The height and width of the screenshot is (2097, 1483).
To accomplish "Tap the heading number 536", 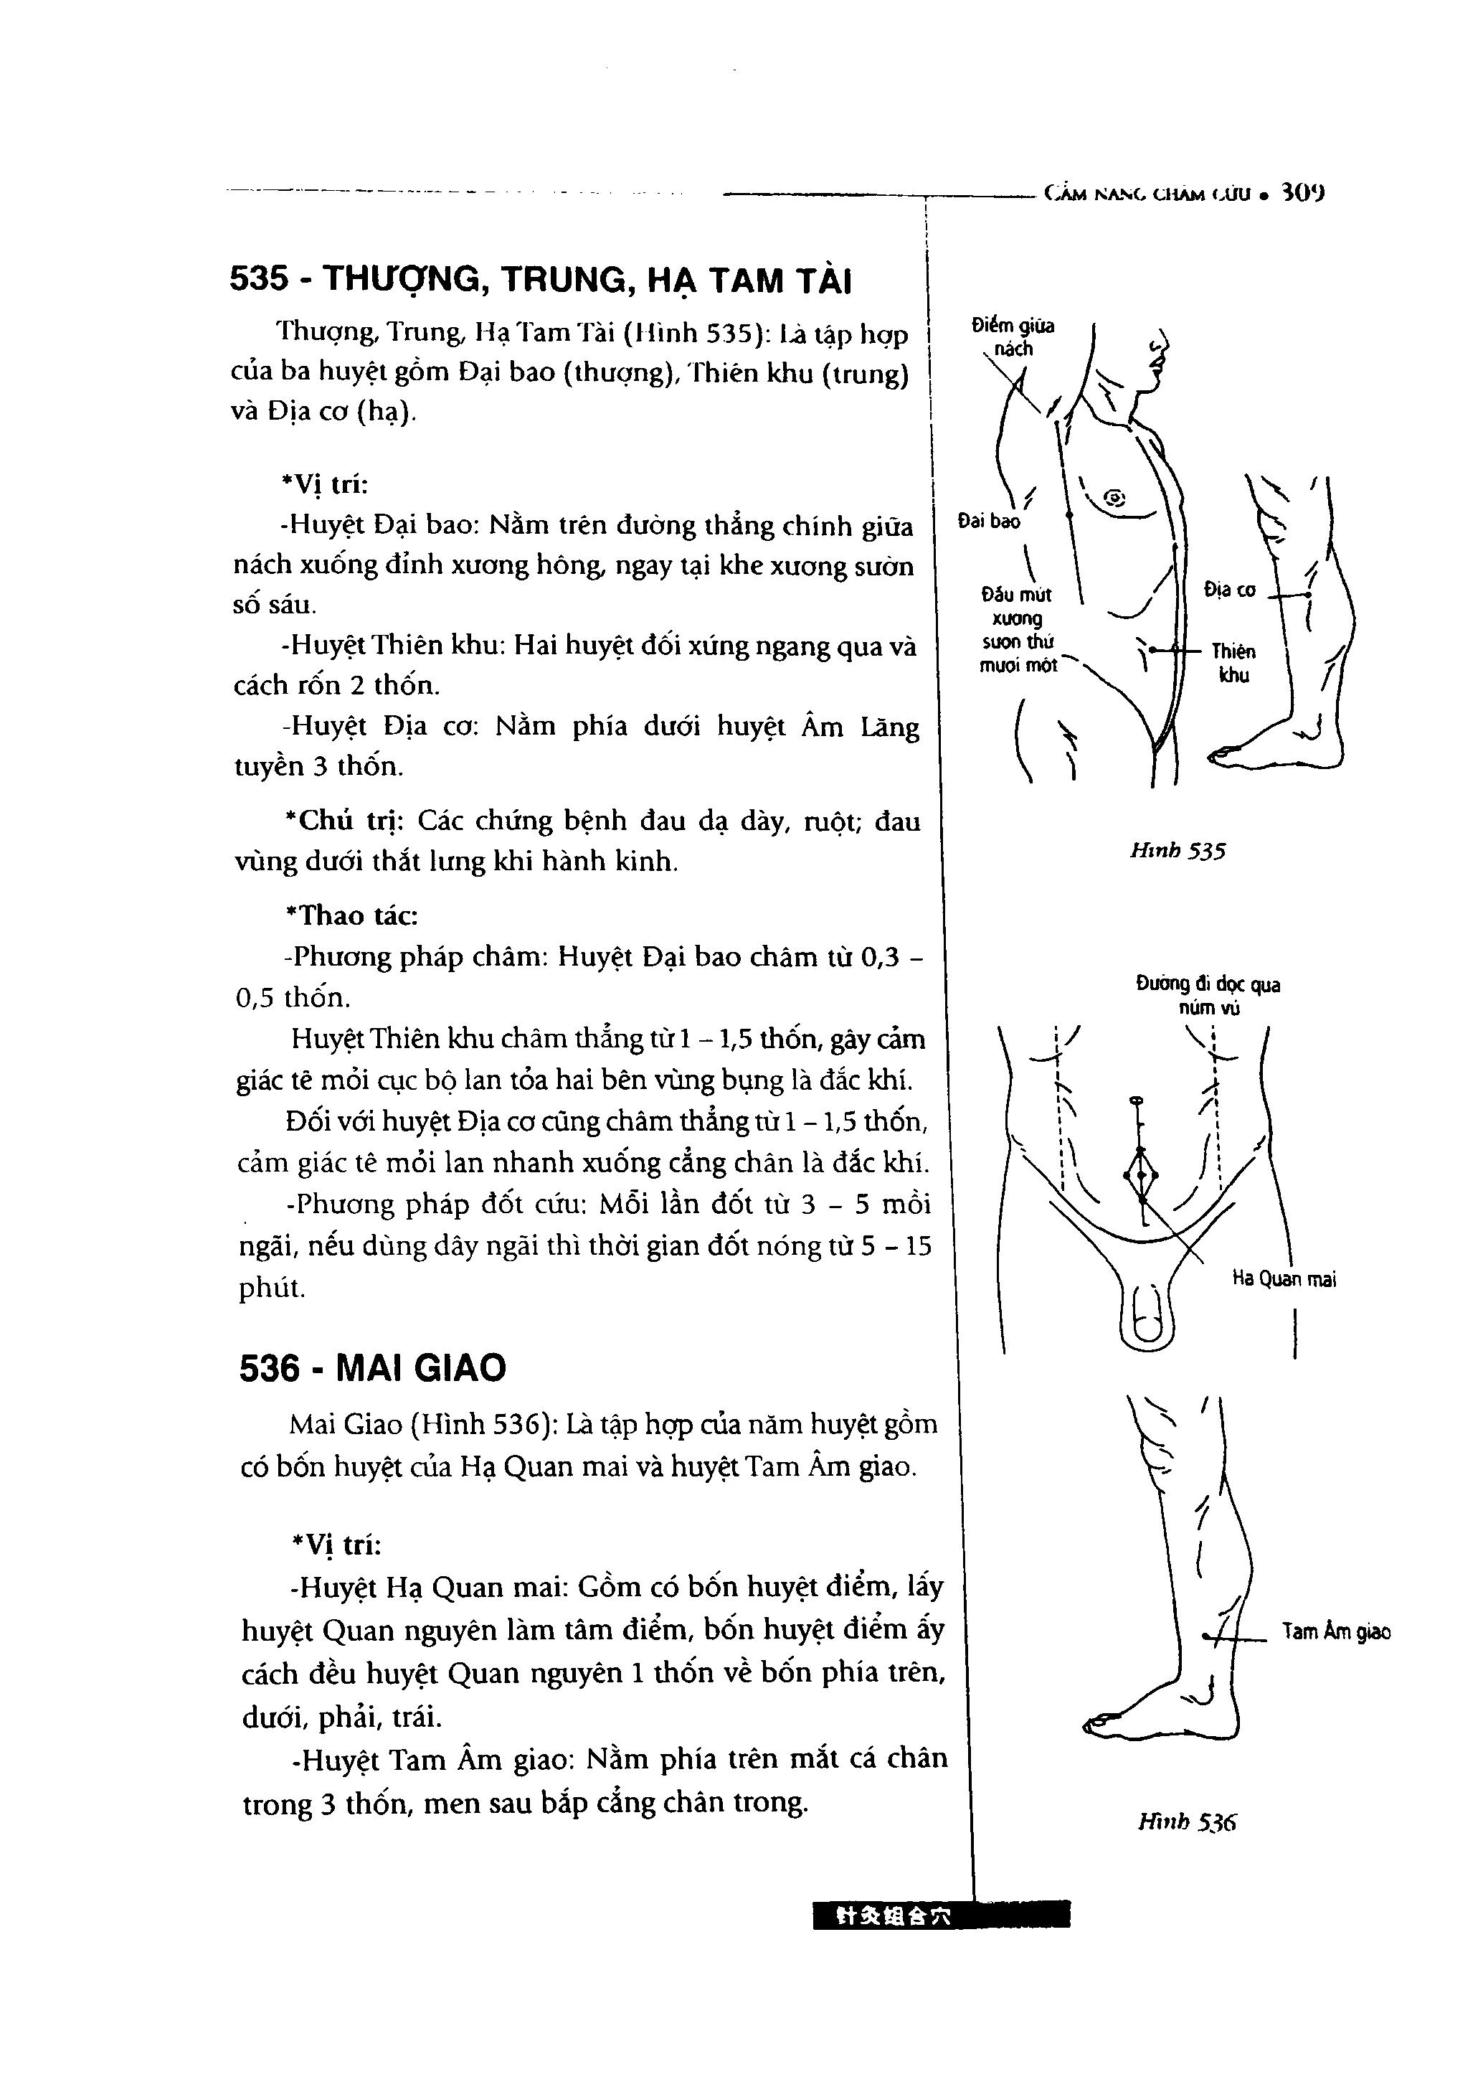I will click(270, 1368).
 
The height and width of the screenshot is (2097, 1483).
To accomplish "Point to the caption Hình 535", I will click(1177, 852).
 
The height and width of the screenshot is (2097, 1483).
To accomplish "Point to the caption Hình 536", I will click(1186, 1822).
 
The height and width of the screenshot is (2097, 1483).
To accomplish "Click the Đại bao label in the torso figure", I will click(989, 522).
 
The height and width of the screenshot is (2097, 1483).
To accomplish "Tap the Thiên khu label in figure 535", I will click(1233, 663).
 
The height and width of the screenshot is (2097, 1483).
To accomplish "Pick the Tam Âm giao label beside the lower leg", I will click(1336, 1632).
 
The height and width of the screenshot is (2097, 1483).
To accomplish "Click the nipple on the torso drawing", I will click(1114, 498).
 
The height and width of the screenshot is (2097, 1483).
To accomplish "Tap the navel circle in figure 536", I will click(1137, 1100).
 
